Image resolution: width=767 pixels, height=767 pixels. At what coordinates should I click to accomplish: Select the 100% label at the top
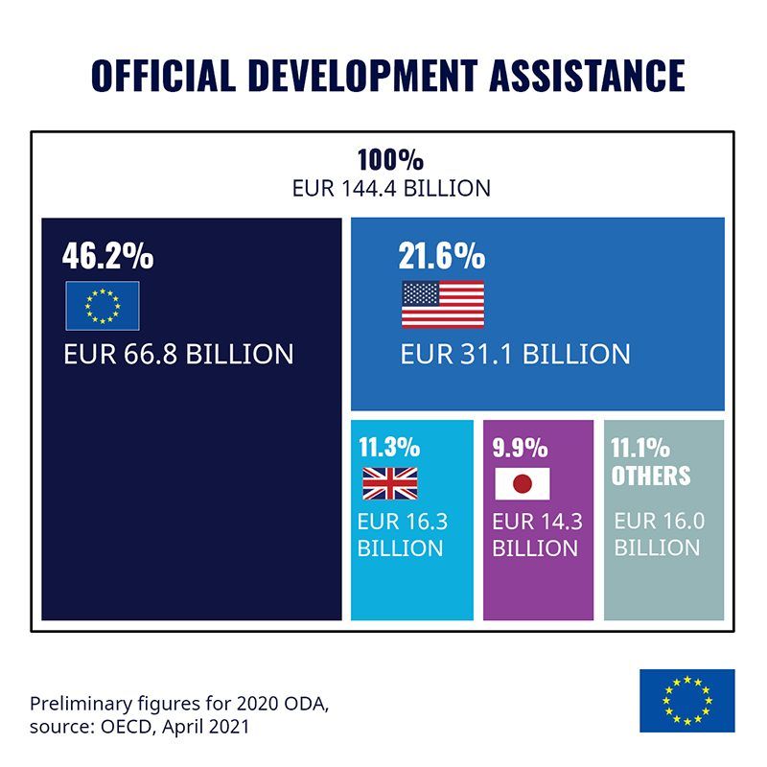pos(390,159)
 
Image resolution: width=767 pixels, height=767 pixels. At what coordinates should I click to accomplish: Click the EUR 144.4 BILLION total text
pos(391,188)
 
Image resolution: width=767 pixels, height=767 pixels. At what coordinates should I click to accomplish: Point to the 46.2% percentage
pos(107,256)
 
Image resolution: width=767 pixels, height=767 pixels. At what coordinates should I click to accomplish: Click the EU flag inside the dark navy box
pos(103,305)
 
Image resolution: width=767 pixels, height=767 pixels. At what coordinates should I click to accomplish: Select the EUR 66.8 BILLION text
pos(178,354)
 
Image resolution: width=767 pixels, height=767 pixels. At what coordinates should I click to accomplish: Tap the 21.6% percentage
pos(442,256)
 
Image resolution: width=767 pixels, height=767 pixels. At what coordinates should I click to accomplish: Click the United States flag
pos(443,305)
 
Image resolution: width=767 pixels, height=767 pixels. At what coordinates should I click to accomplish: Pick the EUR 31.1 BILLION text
pos(516,354)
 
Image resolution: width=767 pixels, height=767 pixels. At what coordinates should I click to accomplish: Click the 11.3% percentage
pos(389,448)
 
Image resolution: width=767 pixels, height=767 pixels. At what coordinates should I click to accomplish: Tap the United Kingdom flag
pos(389,483)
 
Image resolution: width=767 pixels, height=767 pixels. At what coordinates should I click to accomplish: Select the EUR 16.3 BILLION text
pos(402,535)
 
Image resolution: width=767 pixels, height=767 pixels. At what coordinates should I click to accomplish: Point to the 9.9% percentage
pos(520,448)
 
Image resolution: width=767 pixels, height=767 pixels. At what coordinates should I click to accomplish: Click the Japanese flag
pos(523,483)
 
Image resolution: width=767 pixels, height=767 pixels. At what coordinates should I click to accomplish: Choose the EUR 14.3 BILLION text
pos(537,535)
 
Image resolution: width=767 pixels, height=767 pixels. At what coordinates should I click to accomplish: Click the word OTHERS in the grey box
pos(651,476)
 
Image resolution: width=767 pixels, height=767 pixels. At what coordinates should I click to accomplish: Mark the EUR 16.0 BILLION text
pos(659,534)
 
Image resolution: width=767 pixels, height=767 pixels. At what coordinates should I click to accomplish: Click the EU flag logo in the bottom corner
pos(686,700)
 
